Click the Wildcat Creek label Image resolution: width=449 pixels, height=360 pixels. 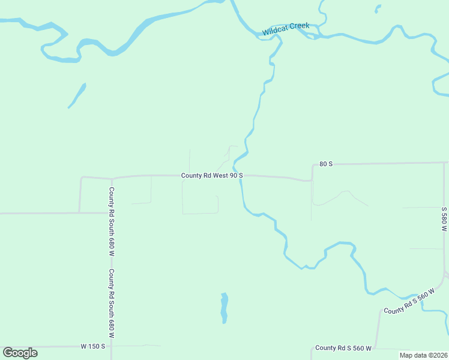286,28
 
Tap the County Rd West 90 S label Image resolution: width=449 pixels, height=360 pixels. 212,175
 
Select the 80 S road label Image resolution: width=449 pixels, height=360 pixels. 326,164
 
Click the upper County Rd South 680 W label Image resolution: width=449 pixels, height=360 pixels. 112,222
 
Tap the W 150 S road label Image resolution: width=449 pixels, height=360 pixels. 93,346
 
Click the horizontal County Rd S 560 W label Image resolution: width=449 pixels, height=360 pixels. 343,348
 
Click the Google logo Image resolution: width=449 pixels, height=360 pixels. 20,353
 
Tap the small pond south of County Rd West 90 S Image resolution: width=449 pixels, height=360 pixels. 224,308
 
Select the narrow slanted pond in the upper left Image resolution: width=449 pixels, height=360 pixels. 77,95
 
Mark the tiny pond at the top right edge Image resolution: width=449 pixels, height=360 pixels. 378,8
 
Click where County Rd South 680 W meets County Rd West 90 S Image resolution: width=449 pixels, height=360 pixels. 112,178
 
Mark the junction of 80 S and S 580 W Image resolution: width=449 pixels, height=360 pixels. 447,163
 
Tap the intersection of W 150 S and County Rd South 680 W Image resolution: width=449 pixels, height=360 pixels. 112,346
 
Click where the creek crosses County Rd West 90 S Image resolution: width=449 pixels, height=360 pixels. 241,175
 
